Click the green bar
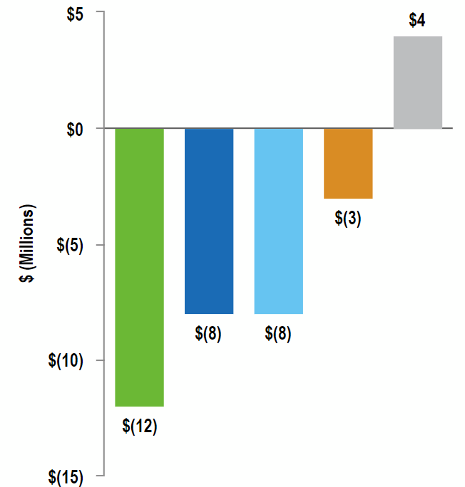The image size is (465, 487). (x=140, y=267)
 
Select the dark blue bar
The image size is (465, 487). (x=209, y=221)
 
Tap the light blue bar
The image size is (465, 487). (x=279, y=221)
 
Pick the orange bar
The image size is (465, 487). (x=348, y=163)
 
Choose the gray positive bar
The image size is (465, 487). (x=418, y=82)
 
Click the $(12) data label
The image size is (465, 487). (x=140, y=426)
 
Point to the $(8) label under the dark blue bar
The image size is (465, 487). (x=209, y=333)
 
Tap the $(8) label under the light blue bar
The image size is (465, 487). (x=278, y=333)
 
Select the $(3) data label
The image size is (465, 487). (x=348, y=219)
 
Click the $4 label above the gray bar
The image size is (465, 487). (x=417, y=21)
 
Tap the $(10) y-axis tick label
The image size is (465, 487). (x=67, y=360)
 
